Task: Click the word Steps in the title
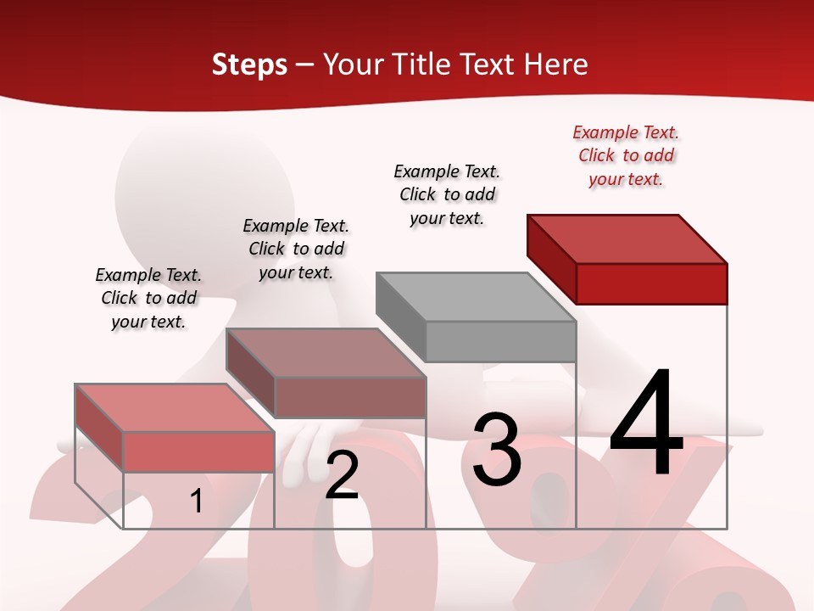click(x=249, y=64)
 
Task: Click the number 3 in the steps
click(x=497, y=450)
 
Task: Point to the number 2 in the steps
click(x=342, y=476)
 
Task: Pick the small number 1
click(x=196, y=502)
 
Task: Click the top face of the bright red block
click(x=627, y=238)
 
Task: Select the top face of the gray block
click(x=476, y=297)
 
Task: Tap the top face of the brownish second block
click(x=326, y=353)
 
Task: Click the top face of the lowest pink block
click(x=175, y=407)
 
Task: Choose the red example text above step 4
click(x=626, y=156)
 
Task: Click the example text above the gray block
click(x=447, y=194)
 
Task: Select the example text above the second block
click(x=296, y=249)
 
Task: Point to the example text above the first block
click(x=148, y=298)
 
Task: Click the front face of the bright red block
click(x=651, y=283)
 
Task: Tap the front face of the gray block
click(x=500, y=341)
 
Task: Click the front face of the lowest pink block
click(x=198, y=451)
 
